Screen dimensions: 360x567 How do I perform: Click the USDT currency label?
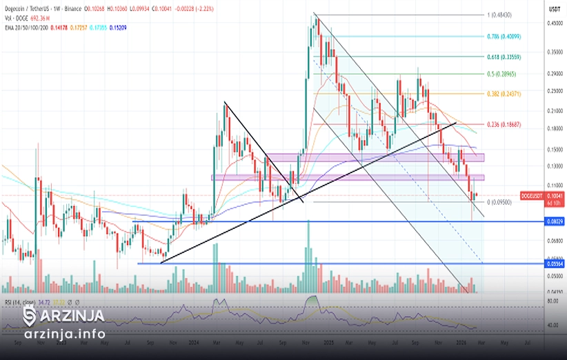point(553,10)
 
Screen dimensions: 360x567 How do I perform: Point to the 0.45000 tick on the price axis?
point(555,23)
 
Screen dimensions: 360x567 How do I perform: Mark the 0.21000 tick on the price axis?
point(555,110)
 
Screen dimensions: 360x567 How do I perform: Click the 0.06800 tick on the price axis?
point(555,241)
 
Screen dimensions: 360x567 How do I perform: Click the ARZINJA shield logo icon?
point(30,317)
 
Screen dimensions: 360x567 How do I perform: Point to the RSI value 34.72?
point(43,303)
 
